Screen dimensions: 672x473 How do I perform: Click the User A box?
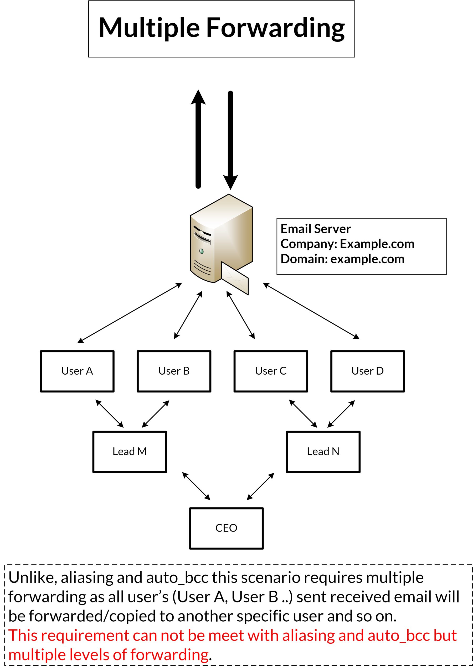click(x=77, y=371)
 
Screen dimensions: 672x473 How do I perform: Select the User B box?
click(x=174, y=371)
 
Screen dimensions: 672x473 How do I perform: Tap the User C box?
click(x=270, y=371)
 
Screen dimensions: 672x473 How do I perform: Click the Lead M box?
click(x=130, y=451)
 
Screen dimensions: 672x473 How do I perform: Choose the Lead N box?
click(x=323, y=451)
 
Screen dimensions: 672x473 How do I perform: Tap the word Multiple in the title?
click(x=150, y=28)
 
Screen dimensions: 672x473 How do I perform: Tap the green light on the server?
click(x=201, y=251)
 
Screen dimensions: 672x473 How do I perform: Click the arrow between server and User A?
click(x=130, y=313)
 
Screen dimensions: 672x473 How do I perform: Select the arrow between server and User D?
click(x=311, y=311)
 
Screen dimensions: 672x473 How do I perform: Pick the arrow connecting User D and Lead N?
click(x=341, y=414)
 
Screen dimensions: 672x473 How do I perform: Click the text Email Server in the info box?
click(x=315, y=229)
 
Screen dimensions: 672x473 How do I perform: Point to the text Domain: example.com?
click(x=342, y=259)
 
